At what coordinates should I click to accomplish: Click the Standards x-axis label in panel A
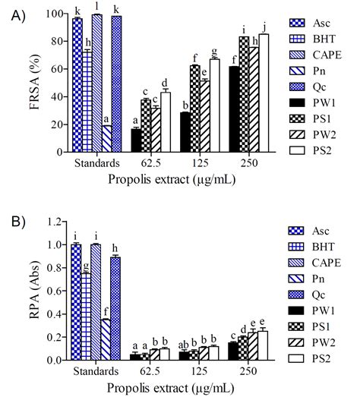tap(96, 162)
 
